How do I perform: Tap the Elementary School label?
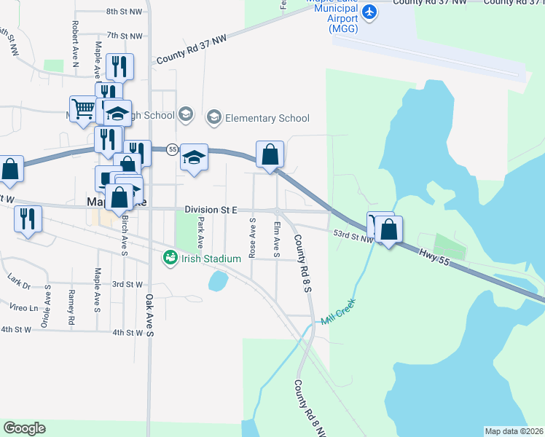click(267, 118)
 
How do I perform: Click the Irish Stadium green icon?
click(170, 257)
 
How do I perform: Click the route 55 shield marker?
click(172, 149)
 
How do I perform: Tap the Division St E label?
click(211, 210)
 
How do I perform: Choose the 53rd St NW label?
click(353, 235)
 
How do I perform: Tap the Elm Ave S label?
click(277, 239)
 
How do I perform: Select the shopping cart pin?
click(84, 110)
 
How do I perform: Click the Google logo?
click(24, 428)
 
